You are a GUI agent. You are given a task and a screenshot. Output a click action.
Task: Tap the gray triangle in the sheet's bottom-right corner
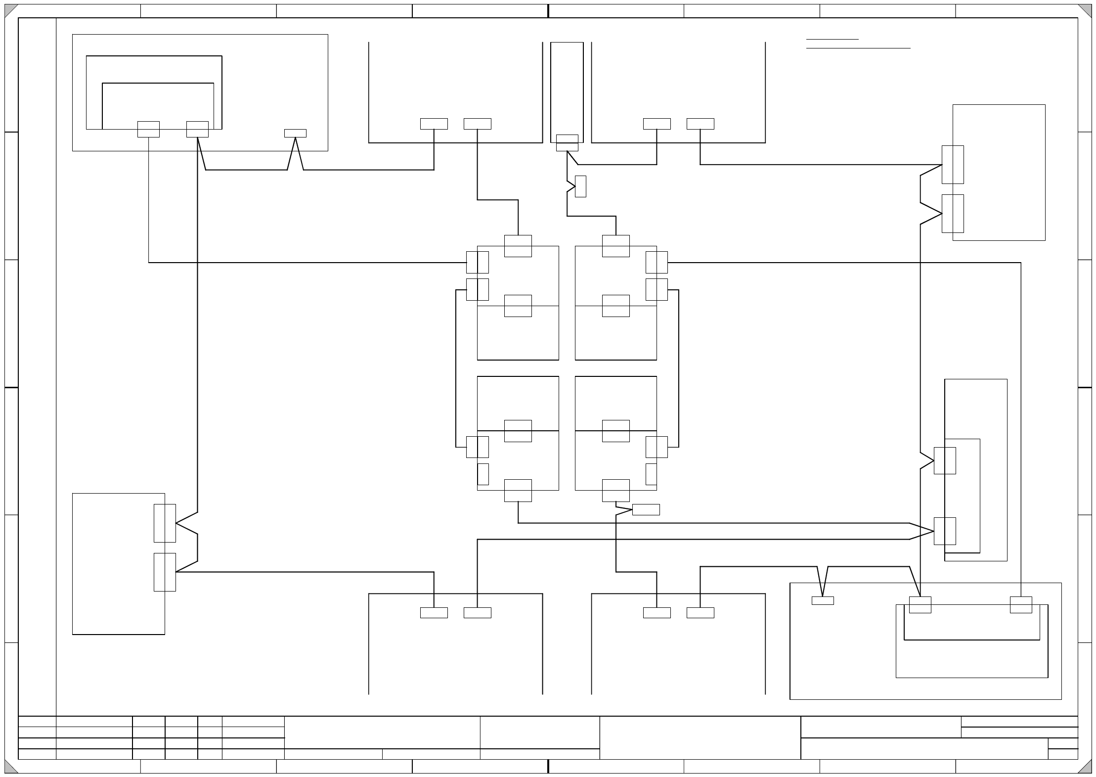pos(1086,768)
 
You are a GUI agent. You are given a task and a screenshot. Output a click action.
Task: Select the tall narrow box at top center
pos(567,89)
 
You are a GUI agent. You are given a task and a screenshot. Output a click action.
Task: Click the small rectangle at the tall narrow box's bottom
pos(567,143)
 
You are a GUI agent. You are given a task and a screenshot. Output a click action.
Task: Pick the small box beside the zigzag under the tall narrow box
pos(580,186)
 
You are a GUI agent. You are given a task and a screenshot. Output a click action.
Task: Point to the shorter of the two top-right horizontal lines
pos(832,39)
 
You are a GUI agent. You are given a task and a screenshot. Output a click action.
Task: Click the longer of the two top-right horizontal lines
pos(858,48)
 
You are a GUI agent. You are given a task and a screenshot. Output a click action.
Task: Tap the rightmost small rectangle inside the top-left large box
pos(295,133)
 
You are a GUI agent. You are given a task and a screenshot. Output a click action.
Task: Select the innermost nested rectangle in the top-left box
pos(158,106)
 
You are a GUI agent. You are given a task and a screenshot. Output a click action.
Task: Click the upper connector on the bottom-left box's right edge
pos(165,523)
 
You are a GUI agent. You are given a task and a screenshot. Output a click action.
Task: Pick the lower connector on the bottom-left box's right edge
pos(165,572)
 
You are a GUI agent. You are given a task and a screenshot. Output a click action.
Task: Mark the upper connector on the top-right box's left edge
pos(952,165)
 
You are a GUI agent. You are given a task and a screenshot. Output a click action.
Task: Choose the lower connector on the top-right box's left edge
pos(952,214)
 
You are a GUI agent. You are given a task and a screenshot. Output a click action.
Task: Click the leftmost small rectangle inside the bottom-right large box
pos(823,600)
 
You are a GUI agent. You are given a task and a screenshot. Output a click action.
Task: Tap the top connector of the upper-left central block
pos(518,246)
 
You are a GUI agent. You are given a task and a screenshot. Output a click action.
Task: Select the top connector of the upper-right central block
pos(615,246)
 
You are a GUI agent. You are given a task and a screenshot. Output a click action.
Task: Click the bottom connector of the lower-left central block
pos(518,491)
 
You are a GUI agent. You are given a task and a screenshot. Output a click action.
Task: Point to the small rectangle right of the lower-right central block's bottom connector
pos(646,509)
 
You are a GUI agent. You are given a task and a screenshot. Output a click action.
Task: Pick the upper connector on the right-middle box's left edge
pos(944,460)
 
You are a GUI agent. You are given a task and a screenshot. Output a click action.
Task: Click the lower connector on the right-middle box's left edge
pos(944,531)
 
